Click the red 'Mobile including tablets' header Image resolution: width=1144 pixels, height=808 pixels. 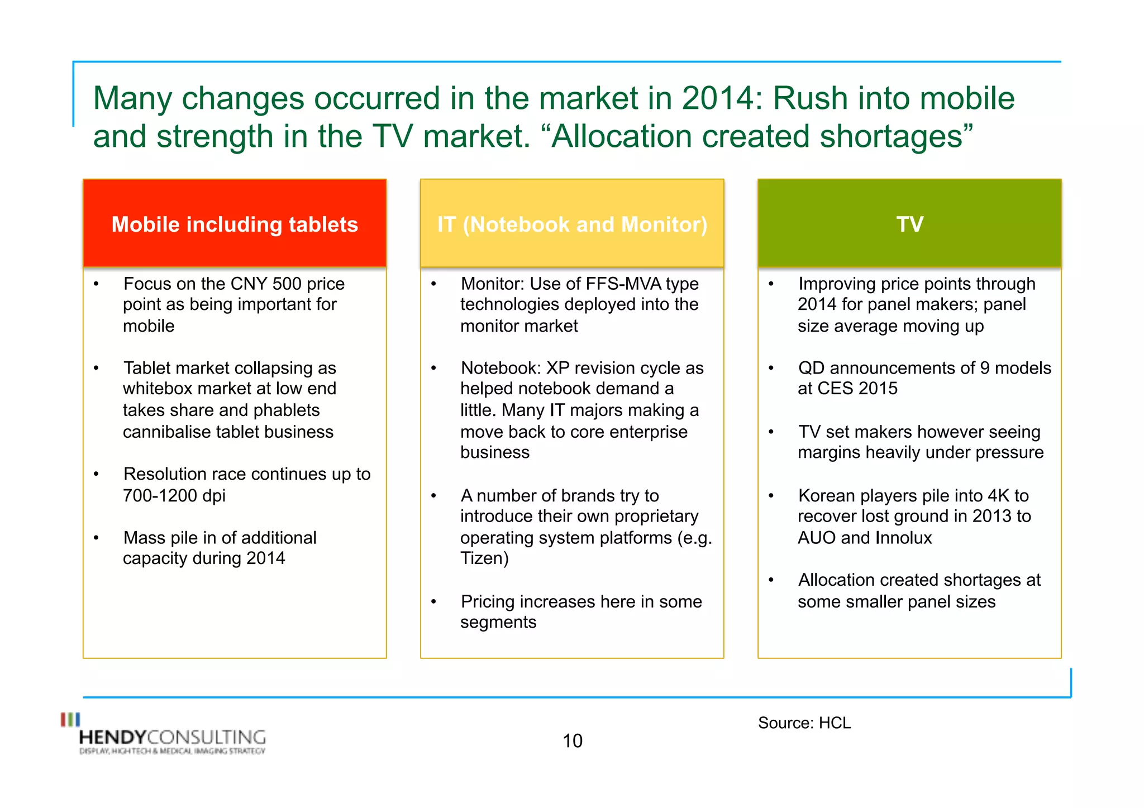235,224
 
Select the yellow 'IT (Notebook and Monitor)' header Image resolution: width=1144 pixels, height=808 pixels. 572,224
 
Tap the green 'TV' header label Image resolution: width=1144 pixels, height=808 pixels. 909,224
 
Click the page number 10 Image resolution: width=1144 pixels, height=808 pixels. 572,741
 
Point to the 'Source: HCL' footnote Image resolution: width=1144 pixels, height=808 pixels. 804,723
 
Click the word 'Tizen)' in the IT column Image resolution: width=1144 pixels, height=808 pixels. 484,558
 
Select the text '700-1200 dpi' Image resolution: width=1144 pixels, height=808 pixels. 174,496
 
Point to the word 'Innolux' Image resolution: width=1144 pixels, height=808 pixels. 903,538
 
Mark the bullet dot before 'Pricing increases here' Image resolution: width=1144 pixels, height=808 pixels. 433,602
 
